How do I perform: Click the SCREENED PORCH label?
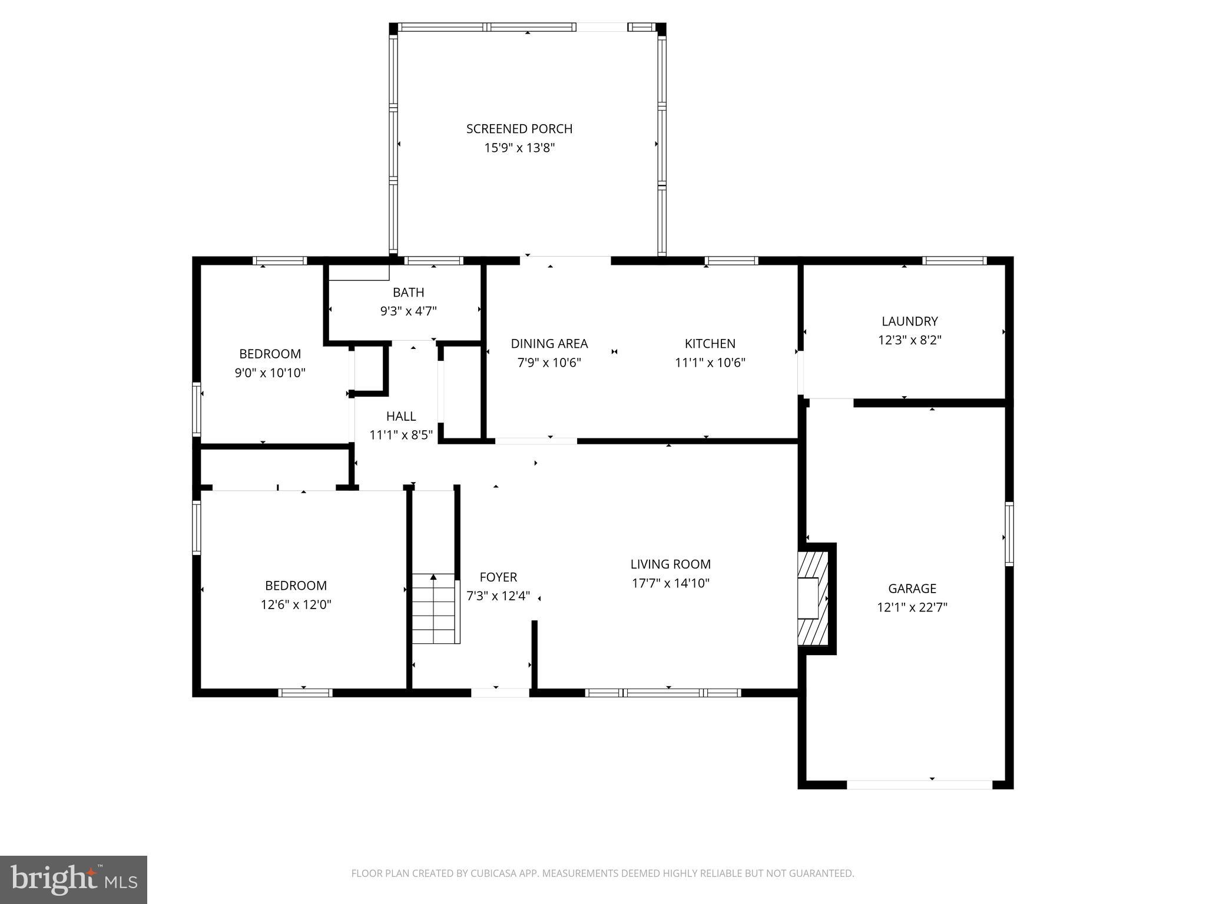tap(519, 128)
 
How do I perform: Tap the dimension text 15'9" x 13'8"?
tap(519, 148)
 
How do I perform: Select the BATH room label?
tap(408, 292)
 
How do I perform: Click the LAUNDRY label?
tap(909, 321)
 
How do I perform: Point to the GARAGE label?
tap(912, 588)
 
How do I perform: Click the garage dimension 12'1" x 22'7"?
tap(912, 607)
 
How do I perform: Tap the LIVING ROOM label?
tap(670, 564)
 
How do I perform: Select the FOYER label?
tap(498, 577)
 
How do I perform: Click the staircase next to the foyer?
tap(434, 609)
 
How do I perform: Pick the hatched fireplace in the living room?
tap(813, 598)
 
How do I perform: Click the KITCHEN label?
tap(710, 343)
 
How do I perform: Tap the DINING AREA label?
tap(549, 343)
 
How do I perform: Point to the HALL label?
tap(401, 416)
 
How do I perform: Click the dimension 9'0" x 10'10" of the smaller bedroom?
tap(270, 373)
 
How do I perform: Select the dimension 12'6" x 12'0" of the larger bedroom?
tap(296, 604)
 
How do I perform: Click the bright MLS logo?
tap(73, 879)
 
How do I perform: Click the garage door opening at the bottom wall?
tap(919, 784)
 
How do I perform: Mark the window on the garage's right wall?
tap(1009, 534)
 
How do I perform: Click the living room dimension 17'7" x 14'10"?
tap(670, 583)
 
